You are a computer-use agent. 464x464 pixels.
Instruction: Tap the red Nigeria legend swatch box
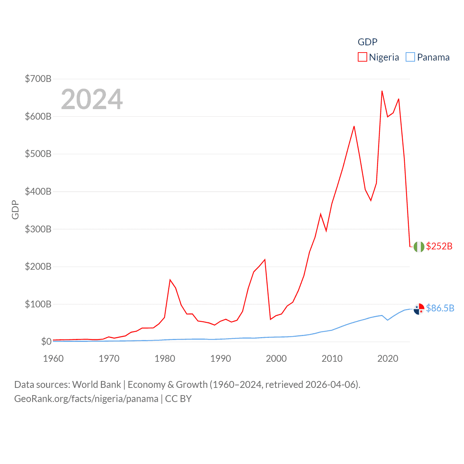(x=362, y=57)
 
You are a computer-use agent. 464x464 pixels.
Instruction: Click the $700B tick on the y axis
(x=38, y=79)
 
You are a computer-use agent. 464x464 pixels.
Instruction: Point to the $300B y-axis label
(x=38, y=229)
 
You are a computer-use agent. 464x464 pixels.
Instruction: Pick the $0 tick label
(x=46, y=341)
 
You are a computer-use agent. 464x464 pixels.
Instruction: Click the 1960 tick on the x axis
(x=53, y=359)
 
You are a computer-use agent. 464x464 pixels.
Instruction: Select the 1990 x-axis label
(x=220, y=359)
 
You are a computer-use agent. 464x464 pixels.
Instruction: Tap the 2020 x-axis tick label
(x=388, y=359)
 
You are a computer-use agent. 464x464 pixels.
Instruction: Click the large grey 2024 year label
(x=92, y=99)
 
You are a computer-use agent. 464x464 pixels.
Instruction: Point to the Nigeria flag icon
(x=419, y=246)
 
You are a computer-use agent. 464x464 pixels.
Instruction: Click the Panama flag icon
(x=419, y=309)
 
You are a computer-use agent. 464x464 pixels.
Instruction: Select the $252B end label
(x=439, y=246)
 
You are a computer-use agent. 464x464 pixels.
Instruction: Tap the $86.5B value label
(x=440, y=308)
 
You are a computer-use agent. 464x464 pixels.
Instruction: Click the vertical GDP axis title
(x=15, y=210)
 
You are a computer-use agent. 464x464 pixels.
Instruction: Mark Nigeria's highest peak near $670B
(x=382, y=91)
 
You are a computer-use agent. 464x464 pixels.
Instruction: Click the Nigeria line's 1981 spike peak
(x=170, y=280)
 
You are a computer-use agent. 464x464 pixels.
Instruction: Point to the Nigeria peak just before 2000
(x=265, y=260)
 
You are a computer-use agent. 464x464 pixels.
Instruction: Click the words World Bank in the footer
(x=96, y=384)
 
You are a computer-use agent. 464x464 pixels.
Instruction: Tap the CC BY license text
(x=178, y=399)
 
